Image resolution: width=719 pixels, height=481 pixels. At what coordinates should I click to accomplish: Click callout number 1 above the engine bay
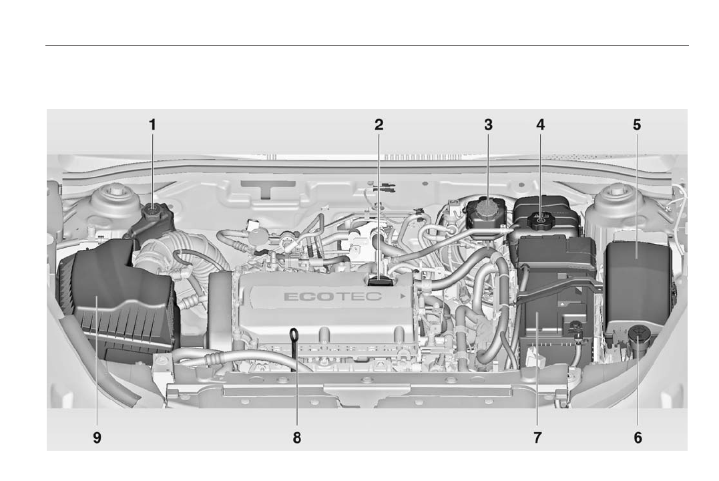click(x=152, y=124)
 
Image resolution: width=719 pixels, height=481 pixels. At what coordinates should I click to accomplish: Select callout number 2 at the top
click(x=379, y=124)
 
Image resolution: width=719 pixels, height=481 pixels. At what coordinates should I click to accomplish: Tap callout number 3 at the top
click(x=488, y=124)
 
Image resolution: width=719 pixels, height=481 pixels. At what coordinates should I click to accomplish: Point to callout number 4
click(x=540, y=124)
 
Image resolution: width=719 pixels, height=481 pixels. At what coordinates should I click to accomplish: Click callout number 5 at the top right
click(x=637, y=124)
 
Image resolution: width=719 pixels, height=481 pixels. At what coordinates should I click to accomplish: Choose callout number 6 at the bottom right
click(x=638, y=438)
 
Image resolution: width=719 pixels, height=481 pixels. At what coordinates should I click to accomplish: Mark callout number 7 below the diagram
click(x=537, y=438)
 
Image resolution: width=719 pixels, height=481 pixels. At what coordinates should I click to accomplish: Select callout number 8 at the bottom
click(x=296, y=438)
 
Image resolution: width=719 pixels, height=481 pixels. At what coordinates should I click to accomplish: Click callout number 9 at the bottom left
click(x=97, y=438)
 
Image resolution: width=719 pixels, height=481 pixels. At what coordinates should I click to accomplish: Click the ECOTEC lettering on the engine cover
click(x=333, y=296)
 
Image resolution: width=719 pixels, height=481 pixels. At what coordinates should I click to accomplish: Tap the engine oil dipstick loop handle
click(x=293, y=332)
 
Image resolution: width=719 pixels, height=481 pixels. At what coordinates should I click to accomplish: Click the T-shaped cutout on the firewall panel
click(x=268, y=188)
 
